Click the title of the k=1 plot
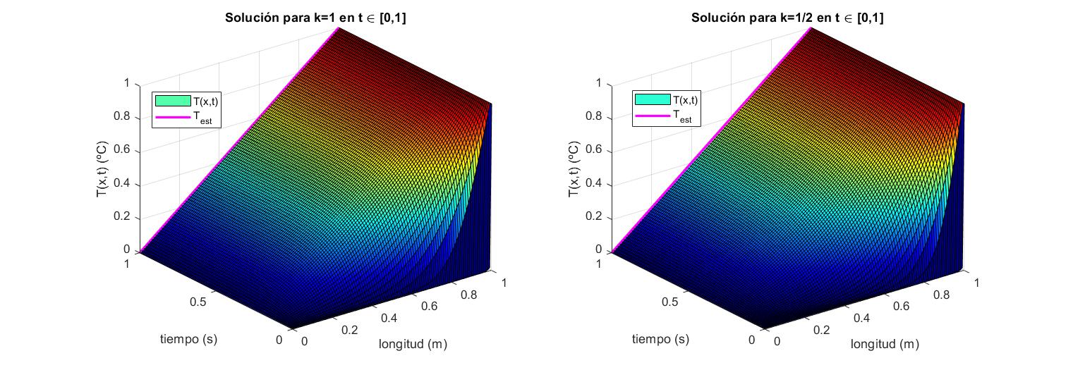coord(315,19)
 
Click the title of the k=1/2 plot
coord(787,19)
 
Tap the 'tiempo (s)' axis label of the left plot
coord(188,339)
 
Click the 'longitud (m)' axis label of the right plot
coord(885,344)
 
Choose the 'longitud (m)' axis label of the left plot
coord(413,344)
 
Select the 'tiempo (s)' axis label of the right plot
coord(660,339)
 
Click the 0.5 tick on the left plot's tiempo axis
coord(198,302)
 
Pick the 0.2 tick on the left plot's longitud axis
coord(348,330)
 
